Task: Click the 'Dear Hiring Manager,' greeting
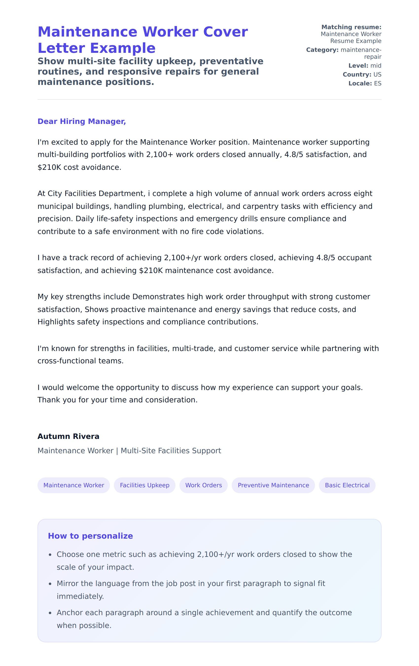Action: pyautogui.click(x=82, y=121)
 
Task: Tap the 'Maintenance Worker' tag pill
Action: pyautogui.click(x=74, y=485)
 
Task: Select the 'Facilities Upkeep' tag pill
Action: pyautogui.click(x=144, y=485)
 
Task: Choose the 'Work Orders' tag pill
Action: pyautogui.click(x=204, y=485)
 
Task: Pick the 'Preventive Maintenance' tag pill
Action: pyautogui.click(x=273, y=485)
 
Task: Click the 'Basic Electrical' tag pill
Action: pyautogui.click(x=347, y=485)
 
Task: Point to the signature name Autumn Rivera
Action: pyautogui.click(x=68, y=436)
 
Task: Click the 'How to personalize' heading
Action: pyautogui.click(x=90, y=536)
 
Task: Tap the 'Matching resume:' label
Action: pyautogui.click(x=351, y=27)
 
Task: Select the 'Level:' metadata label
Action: pyautogui.click(x=358, y=66)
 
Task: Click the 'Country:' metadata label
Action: pyautogui.click(x=357, y=74)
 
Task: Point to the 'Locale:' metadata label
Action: pyautogui.click(x=360, y=83)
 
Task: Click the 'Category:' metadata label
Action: pyautogui.click(x=322, y=50)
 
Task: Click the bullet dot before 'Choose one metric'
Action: pyautogui.click(x=50, y=555)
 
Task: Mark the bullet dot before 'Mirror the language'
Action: pyautogui.click(x=50, y=584)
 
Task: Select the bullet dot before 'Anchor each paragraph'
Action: pyautogui.click(x=50, y=613)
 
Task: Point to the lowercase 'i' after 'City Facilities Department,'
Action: pyautogui.click(x=149, y=193)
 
